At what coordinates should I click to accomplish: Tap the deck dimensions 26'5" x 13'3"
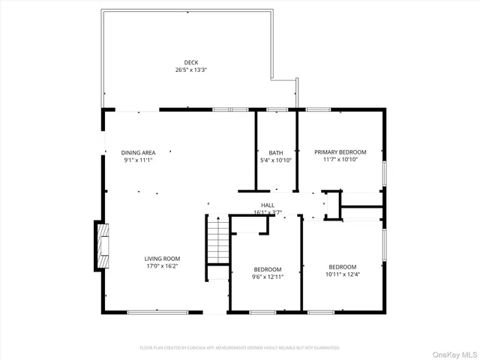(x=190, y=70)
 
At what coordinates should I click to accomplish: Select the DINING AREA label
(x=138, y=152)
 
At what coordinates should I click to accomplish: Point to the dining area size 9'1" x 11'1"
(x=138, y=160)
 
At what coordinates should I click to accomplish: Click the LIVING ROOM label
(x=162, y=259)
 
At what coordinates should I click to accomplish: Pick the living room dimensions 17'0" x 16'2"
(x=162, y=266)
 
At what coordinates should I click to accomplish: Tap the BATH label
(x=275, y=152)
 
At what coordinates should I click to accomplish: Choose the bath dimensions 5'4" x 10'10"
(x=275, y=160)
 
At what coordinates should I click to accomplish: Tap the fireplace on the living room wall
(x=100, y=245)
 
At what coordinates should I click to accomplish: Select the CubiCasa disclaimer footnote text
(x=240, y=348)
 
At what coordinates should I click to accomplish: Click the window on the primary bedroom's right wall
(x=385, y=172)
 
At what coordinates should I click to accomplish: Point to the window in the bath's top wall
(x=277, y=109)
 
